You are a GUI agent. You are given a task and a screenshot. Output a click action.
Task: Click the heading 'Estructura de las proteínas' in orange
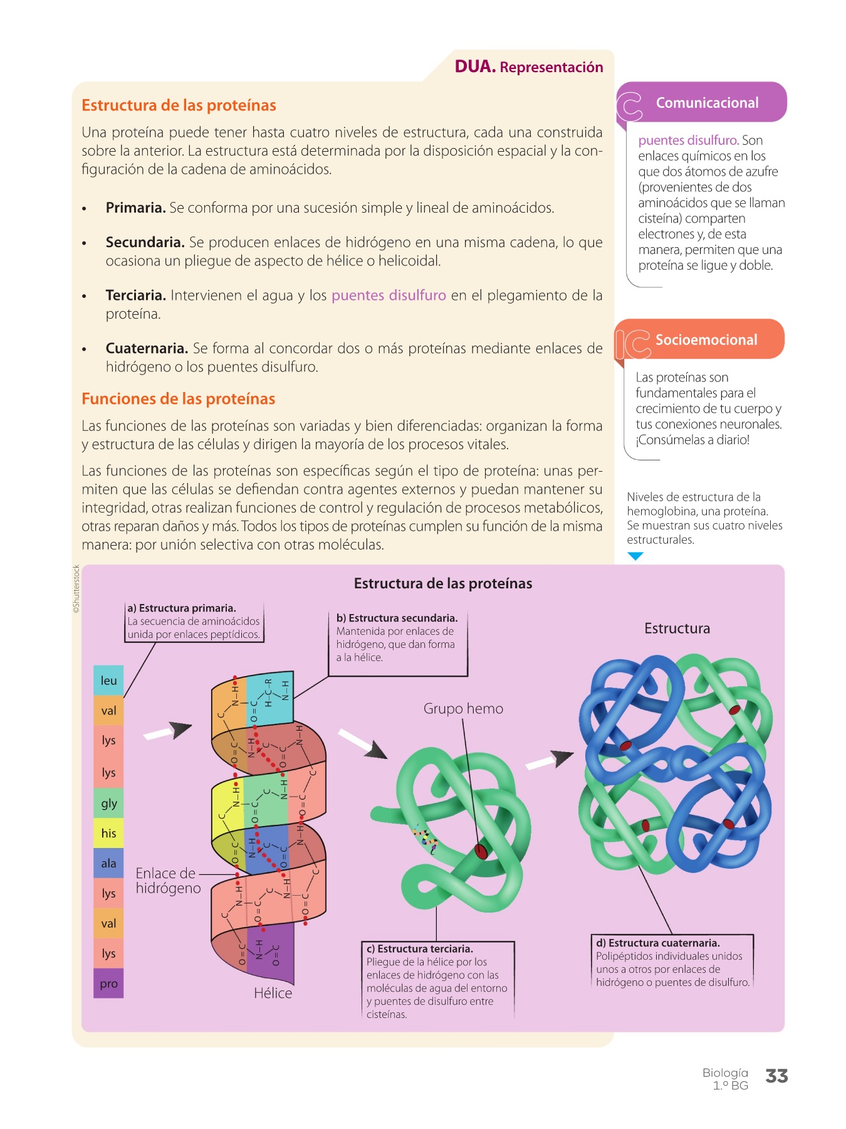[179, 105]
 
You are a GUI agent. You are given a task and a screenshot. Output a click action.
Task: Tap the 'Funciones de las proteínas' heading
[178, 399]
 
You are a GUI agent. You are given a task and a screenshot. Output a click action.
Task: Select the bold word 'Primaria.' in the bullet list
[135, 208]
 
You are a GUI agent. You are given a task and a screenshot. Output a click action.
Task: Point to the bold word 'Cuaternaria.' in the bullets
[147, 349]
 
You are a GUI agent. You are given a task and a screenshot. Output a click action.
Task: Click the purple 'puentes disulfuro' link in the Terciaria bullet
[389, 295]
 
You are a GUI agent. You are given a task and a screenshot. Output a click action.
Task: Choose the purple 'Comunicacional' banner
[706, 103]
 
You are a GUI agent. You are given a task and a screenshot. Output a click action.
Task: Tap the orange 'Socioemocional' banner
[706, 340]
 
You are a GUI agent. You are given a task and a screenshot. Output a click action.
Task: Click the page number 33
[776, 1076]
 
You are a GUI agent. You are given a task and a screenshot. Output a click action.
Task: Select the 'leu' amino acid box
[108, 681]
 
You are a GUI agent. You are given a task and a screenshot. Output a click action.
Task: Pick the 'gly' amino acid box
[108, 803]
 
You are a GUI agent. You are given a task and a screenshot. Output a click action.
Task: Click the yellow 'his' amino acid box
[108, 834]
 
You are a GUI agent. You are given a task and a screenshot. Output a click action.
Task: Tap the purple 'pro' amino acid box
[108, 983]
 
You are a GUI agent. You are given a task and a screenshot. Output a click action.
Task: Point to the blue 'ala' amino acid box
[108, 864]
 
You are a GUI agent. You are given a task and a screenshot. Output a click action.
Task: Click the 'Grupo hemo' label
[463, 709]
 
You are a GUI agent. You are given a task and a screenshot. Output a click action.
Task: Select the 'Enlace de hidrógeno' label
[168, 881]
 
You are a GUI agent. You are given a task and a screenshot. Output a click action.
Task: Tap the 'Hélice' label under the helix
[273, 994]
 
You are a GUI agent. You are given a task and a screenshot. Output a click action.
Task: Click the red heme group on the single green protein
[481, 851]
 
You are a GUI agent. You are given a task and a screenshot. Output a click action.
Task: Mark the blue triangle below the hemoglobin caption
[635, 556]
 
